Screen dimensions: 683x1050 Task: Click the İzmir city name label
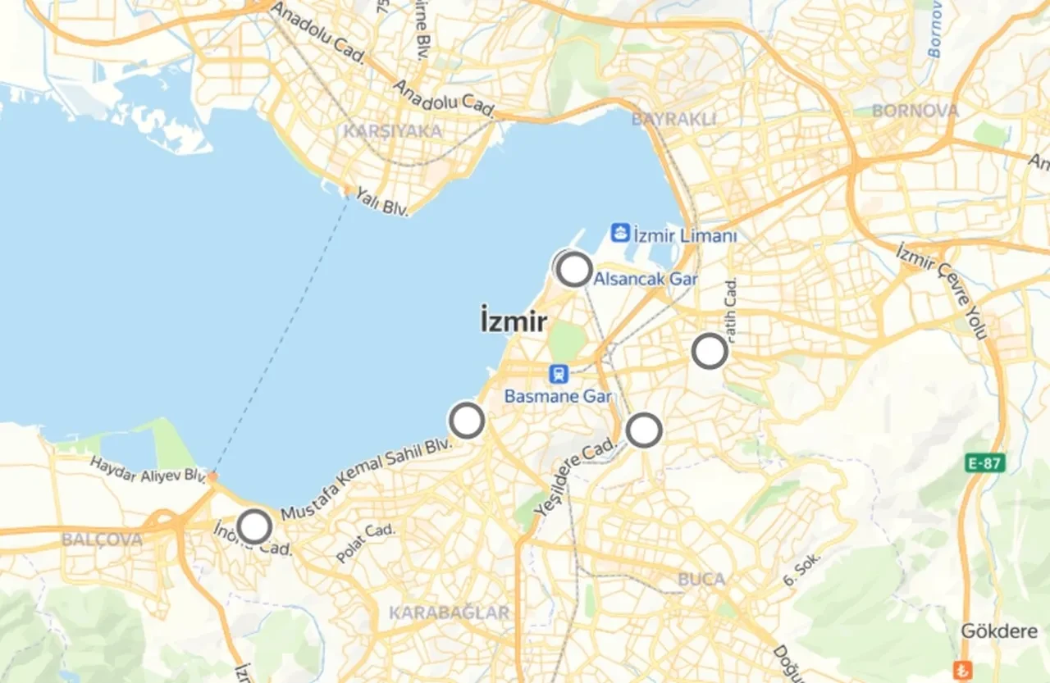tap(514, 321)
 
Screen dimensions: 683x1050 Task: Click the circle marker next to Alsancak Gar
tap(574, 269)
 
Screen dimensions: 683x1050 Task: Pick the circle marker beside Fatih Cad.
tap(710, 351)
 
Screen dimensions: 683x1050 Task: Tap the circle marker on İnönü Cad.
tap(254, 526)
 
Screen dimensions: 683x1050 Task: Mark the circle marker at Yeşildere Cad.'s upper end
tap(644, 430)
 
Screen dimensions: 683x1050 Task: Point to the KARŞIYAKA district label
tap(392, 131)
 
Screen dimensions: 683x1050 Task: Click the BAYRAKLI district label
tap(674, 119)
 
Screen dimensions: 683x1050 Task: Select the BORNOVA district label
tap(915, 110)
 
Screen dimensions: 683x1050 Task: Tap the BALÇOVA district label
tap(102, 540)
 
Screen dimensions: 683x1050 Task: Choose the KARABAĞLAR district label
tap(449, 612)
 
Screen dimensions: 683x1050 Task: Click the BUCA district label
tap(701, 579)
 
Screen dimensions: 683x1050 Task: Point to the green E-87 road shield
tap(984, 463)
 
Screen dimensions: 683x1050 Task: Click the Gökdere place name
tap(999, 631)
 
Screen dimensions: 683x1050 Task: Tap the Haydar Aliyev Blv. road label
tap(148, 470)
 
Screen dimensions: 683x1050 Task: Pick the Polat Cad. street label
tap(366, 543)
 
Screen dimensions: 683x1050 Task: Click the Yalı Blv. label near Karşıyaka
tap(382, 203)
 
